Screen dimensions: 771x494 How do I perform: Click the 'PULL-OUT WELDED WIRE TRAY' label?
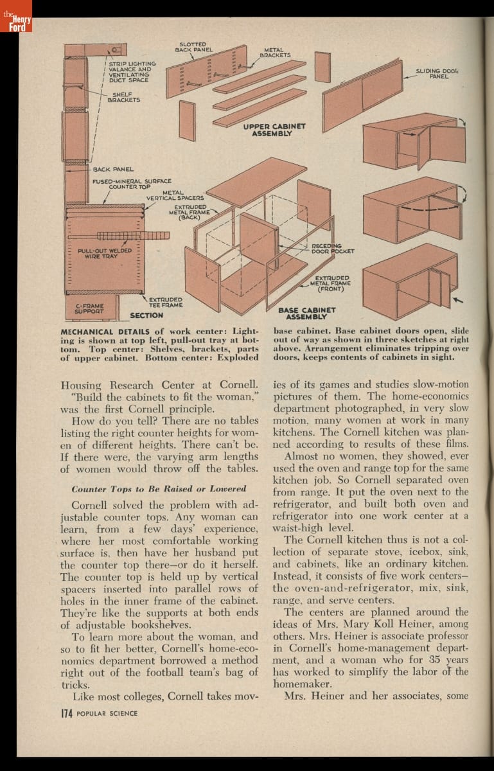coord(101,253)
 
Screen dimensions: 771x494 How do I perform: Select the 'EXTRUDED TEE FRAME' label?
coord(165,301)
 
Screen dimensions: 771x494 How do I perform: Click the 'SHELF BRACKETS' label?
coord(124,97)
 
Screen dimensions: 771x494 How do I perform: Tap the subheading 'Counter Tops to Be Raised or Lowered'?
coord(159,488)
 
